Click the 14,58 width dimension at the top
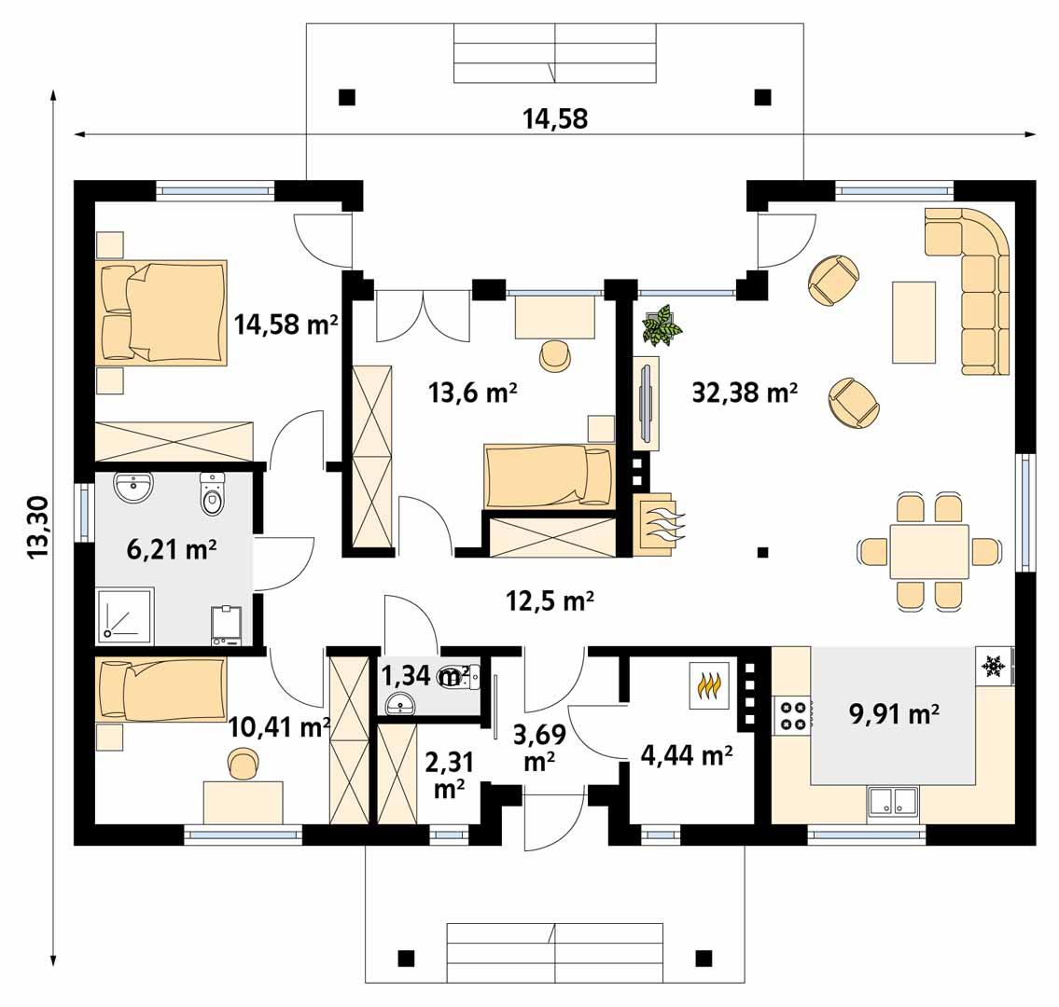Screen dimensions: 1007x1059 [555, 118]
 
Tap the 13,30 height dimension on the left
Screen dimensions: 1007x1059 [38, 527]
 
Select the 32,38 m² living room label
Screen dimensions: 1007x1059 [744, 393]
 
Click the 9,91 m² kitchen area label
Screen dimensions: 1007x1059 [893, 715]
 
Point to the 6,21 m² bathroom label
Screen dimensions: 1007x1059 [171, 550]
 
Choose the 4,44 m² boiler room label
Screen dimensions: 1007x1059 [686, 755]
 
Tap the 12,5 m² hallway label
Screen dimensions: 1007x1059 [550, 601]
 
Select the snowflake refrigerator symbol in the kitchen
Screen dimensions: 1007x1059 [992, 666]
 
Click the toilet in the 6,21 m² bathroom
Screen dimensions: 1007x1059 [214, 493]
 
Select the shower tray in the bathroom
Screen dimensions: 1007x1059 [125, 616]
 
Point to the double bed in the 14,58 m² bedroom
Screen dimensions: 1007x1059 [163, 310]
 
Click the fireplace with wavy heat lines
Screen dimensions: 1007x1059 [658, 525]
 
